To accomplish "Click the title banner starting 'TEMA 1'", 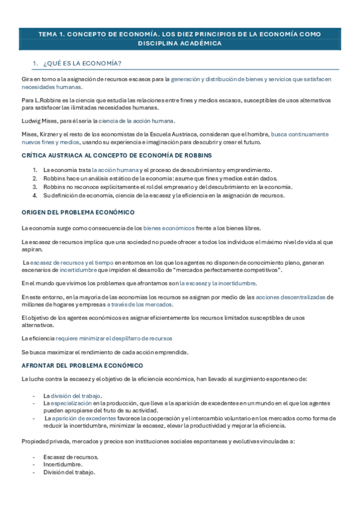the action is [x=180, y=38].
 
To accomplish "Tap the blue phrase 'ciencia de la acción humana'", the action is [x=136, y=121].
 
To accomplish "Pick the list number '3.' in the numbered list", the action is [x=35, y=187].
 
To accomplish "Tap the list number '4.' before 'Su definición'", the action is [x=35, y=195].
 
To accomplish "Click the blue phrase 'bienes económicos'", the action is [x=169, y=228].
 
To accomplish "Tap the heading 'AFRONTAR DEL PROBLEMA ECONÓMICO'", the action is [x=82, y=365].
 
